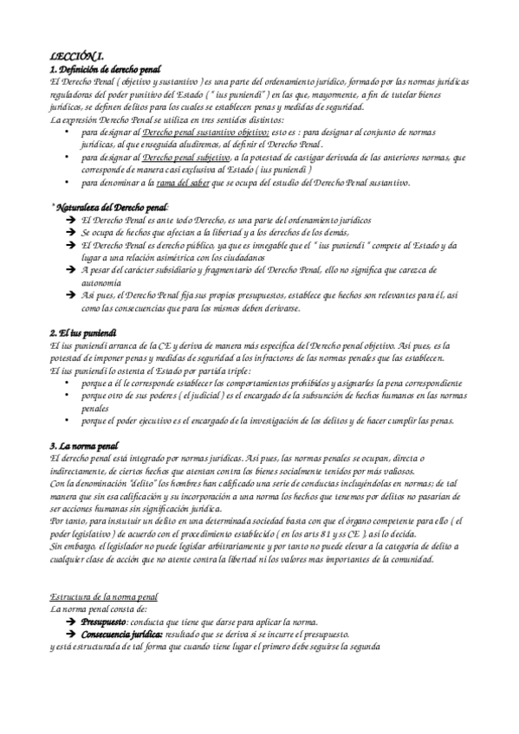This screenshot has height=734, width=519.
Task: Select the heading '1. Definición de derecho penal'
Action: [x=107, y=68]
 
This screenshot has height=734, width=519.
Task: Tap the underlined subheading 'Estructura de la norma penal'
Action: [x=105, y=597]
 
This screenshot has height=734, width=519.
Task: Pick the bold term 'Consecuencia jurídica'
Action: [x=122, y=634]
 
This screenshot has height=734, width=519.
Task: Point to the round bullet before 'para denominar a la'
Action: [x=68, y=183]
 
